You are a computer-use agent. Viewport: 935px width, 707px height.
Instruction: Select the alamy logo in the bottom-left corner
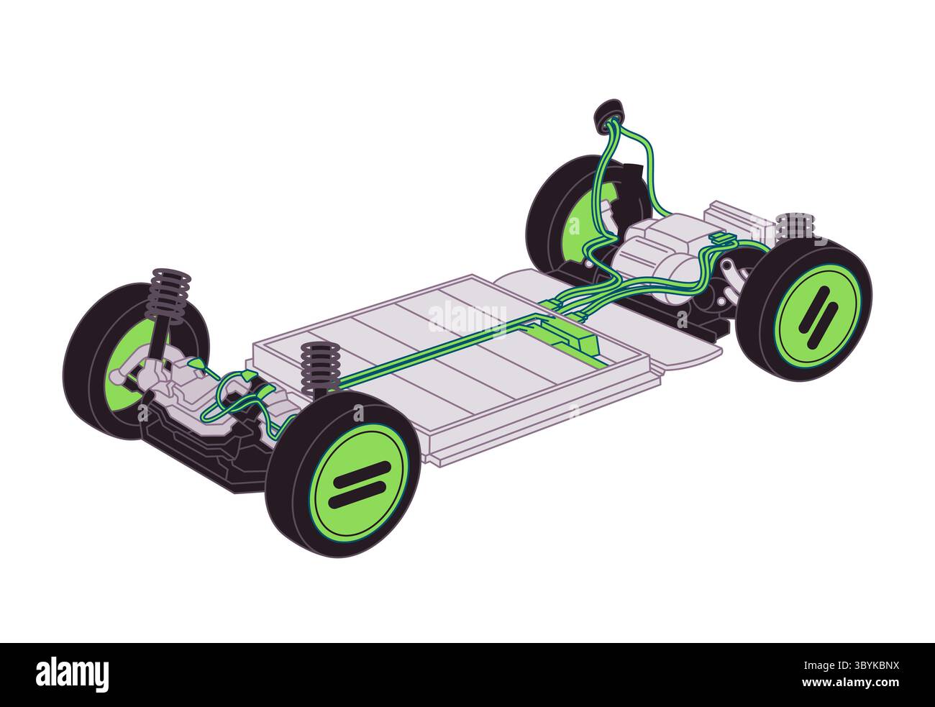[x=73, y=675]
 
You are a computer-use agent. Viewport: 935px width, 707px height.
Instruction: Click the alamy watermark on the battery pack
[x=467, y=317]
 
